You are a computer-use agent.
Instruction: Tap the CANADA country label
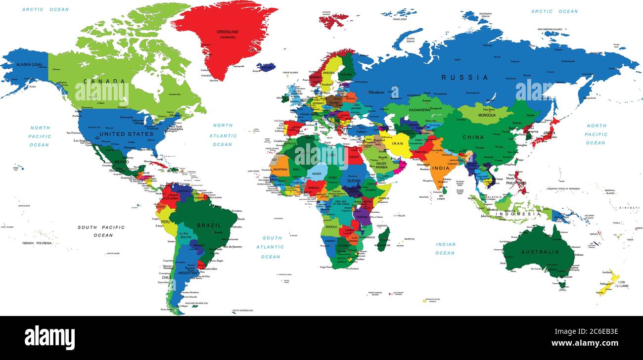point(104,81)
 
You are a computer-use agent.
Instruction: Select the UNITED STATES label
point(126,134)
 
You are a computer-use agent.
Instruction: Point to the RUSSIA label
point(464,78)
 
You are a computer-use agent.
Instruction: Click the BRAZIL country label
point(209,225)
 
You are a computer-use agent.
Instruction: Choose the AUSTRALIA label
point(539,252)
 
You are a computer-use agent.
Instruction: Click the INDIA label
point(440,168)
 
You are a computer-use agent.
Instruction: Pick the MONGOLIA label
point(487,115)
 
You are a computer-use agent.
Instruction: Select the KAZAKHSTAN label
point(418,110)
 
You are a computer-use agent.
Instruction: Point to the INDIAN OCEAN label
point(445,248)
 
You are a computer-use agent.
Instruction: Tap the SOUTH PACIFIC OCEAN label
point(101,231)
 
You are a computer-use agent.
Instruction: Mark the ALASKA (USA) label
point(29,65)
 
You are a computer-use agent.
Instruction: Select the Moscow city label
point(376,92)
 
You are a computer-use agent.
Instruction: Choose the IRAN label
point(398,143)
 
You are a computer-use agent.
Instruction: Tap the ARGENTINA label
point(188,272)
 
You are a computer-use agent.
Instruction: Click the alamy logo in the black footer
point(49,338)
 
